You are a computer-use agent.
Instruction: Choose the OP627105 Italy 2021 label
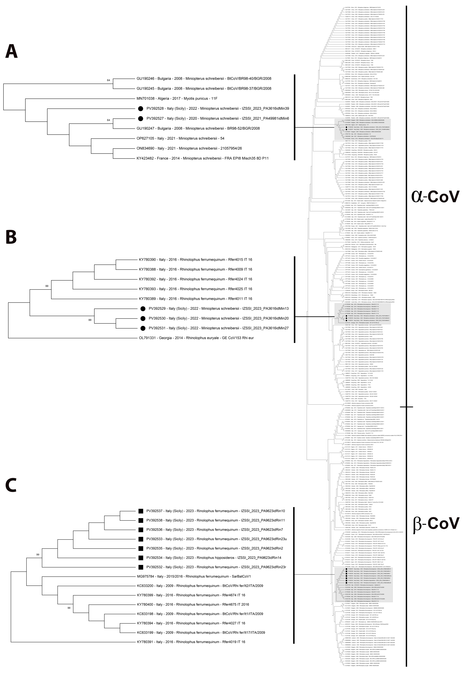pos(180,138)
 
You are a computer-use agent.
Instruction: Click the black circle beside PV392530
pos(143,318)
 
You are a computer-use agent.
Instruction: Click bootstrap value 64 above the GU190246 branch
pos(108,80)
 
